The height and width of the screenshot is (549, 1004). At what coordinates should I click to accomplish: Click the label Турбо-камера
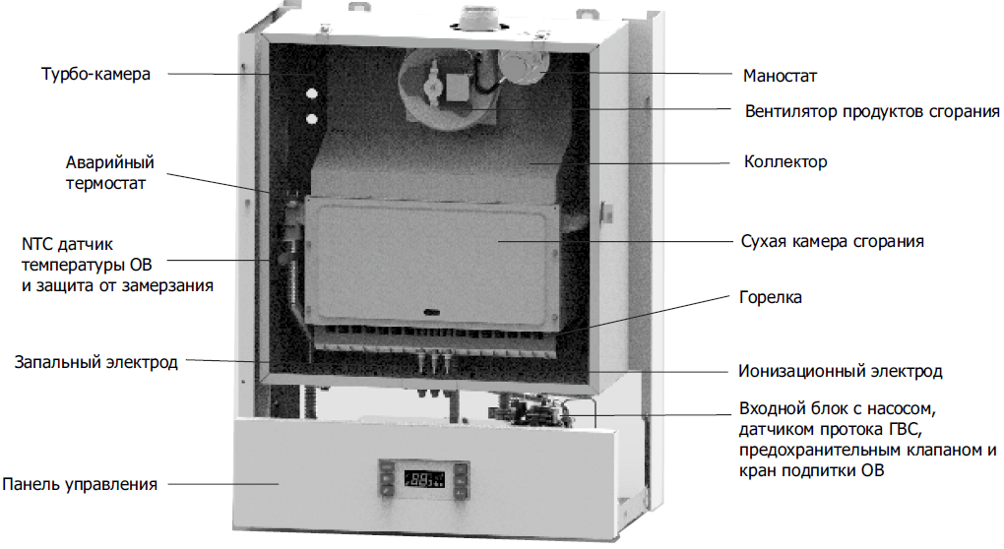(x=95, y=75)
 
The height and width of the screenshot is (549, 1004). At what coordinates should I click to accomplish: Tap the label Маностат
(x=781, y=75)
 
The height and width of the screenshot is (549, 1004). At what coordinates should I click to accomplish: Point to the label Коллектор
(x=785, y=161)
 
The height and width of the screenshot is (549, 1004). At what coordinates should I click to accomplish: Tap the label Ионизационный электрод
(x=840, y=371)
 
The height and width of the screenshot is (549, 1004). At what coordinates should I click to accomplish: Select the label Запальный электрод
(x=95, y=362)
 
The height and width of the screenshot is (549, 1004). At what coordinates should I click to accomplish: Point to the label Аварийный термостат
(x=111, y=172)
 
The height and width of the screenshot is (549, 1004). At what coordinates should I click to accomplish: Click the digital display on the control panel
(x=425, y=481)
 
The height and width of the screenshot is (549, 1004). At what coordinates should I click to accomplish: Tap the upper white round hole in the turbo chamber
(x=312, y=95)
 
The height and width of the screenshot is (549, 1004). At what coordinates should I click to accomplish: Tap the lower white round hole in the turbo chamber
(x=312, y=120)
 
